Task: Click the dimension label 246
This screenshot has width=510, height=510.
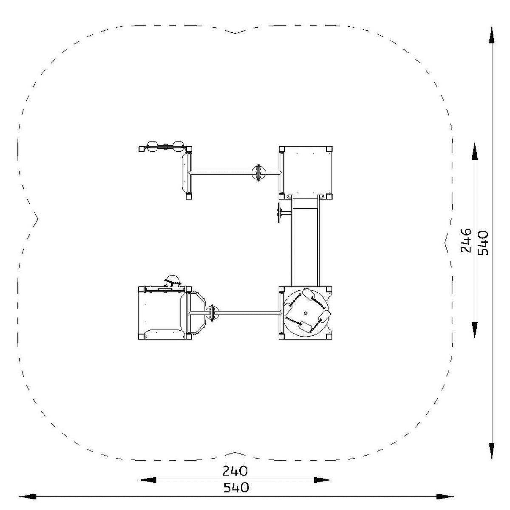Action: point(466,241)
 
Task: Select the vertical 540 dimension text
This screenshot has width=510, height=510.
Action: point(483,243)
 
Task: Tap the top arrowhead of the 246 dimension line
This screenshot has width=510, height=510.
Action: point(475,152)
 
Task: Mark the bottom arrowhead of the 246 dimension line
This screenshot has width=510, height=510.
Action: point(475,329)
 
